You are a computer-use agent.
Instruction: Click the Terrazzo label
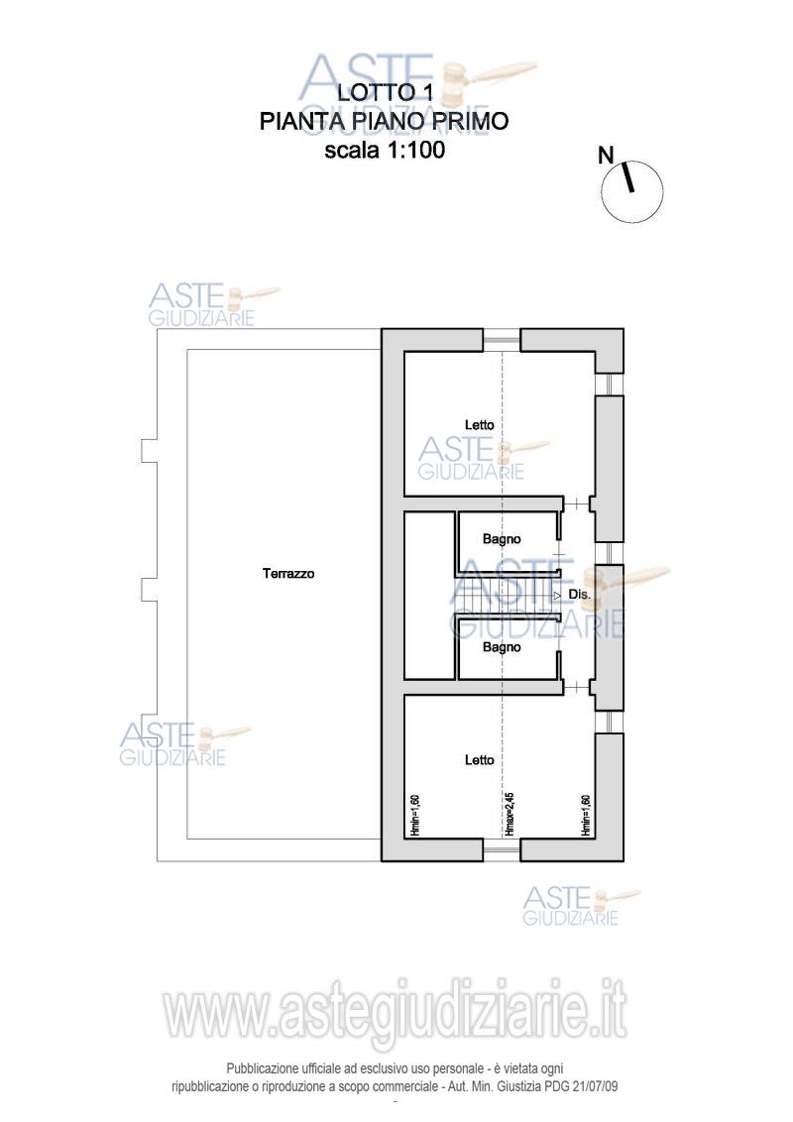[x=288, y=573]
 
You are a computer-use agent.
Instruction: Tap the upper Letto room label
[x=480, y=425]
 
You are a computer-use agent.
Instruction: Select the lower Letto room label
[x=480, y=760]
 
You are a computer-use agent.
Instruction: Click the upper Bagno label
[x=502, y=539]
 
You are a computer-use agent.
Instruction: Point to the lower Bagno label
[x=502, y=647]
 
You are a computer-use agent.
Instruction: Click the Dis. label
[x=579, y=595]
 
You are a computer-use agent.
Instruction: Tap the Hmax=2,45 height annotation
[x=510, y=814]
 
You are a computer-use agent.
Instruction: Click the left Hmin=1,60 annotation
[x=414, y=815]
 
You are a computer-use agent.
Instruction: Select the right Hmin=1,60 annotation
[x=586, y=815]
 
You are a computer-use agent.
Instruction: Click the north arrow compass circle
[x=632, y=191]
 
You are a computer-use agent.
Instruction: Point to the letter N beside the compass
[x=607, y=155]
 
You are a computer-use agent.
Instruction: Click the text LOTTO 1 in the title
[x=385, y=92]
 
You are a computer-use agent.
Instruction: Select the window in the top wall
[x=501, y=340]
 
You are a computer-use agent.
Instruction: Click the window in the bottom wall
[x=501, y=849]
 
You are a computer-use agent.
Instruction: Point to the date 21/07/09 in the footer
[x=595, y=1086]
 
